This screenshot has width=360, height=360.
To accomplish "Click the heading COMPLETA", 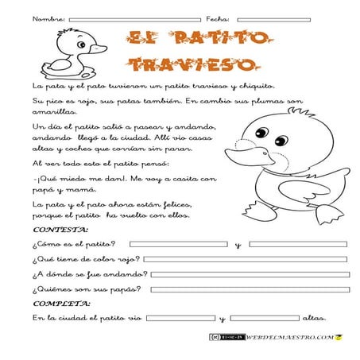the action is pyautogui.click(x=60, y=304).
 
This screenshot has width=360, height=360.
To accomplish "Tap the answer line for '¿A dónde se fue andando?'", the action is pyautogui.click(x=250, y=274).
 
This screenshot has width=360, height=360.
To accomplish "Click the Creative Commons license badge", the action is pyautogui.click(x=226, y=338).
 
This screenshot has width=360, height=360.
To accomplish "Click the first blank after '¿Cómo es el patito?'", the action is pyautogui.click(x=179, y=244).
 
